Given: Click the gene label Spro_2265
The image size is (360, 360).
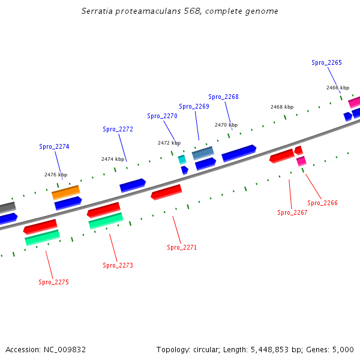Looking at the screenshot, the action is (326, 62).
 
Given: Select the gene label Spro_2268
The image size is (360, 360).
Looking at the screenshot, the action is (223, 97).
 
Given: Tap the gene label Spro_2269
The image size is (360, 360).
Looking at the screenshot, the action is (194, 106).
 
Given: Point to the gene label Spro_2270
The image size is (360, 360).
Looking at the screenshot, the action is (162, 116).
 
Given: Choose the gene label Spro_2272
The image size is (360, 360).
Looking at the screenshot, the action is (118, 129).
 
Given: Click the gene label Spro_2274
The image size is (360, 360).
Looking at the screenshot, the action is (54, 146).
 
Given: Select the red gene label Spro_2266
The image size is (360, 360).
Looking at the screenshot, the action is (322, 203).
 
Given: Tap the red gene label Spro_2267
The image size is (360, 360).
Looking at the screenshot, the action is (292, 212).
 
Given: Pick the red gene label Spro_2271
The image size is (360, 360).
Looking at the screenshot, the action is (182, 247).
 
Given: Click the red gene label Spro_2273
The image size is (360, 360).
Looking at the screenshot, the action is (118, 265).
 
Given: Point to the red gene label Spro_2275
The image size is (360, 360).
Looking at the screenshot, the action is (53, 282).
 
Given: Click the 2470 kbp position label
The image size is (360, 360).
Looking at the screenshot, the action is (226, 125).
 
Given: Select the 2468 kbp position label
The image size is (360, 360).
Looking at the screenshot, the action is (282, 107).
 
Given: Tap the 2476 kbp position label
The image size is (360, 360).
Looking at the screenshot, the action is (56, 175).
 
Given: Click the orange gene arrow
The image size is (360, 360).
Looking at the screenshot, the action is (66, 193).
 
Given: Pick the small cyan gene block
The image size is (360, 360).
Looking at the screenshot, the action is (182, 159).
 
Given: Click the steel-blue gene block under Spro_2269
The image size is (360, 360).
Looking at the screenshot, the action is (203, 153).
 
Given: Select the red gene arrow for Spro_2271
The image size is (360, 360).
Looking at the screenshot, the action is (166, 192).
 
